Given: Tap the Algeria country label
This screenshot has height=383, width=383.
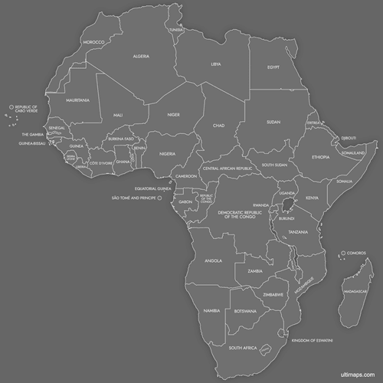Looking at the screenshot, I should click(x=141, y=56).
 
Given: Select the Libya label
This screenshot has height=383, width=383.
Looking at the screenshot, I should click(x=217, y=64).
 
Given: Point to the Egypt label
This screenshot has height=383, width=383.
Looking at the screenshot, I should click(x=273, y=67).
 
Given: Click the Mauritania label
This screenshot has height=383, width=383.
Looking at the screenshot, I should click(x=77, y=100).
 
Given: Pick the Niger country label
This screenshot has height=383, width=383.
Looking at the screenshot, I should click(x=173, y=115).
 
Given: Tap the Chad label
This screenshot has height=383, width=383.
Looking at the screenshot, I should click(x=218, y=125).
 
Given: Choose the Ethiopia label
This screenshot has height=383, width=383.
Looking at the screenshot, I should click(x=320, y=157).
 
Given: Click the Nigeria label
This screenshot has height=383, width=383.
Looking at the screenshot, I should click(x=168, y=153).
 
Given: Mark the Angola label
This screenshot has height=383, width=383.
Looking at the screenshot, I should click(x=213, y=260).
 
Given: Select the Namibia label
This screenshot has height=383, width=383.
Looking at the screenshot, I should click(x=212, y=310).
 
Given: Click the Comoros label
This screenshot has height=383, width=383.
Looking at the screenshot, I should click(x=356, y=253).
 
